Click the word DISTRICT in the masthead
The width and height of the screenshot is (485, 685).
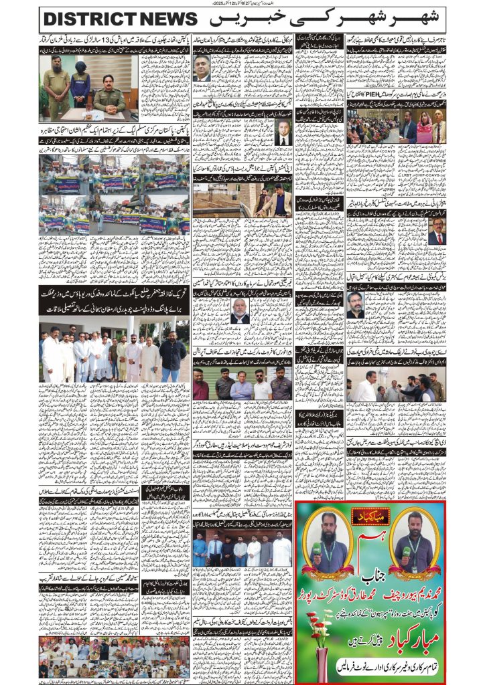click(x=87, y=19)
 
